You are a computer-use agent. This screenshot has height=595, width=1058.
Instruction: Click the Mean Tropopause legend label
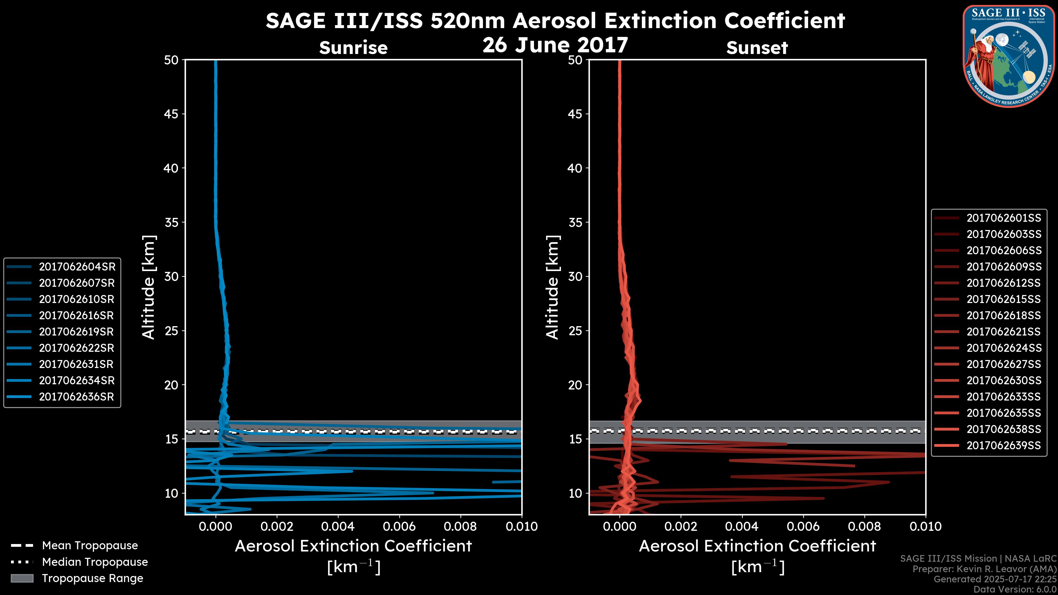click(90, 546)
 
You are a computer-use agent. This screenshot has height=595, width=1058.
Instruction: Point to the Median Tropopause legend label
click(95, 562)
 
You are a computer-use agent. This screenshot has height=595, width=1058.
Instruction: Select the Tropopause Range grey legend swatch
click(22, 578)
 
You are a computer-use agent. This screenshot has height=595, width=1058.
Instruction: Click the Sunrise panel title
click(353, 48)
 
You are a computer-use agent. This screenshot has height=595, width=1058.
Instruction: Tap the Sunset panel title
click(757, 48)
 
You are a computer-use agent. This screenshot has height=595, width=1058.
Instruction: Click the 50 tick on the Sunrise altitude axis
click(171, 60)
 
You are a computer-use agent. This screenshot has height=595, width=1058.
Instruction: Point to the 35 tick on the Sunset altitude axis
click(575, 223)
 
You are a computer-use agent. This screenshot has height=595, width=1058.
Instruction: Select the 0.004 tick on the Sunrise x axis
click(338, 526)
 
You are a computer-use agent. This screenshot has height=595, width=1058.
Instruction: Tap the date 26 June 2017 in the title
click(555, 45)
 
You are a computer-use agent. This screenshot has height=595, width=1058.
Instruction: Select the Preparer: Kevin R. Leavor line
click(984, 569)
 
